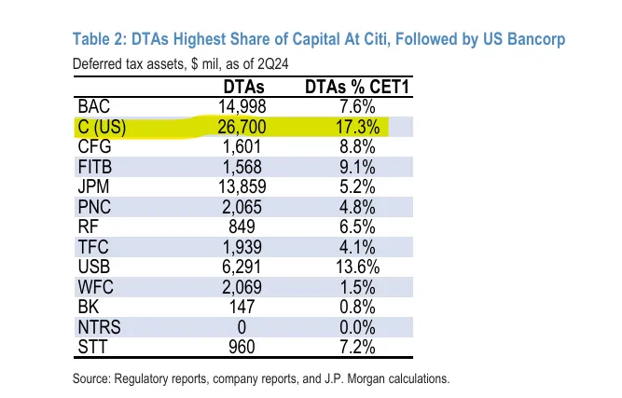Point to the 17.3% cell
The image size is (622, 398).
(x=352, y=126)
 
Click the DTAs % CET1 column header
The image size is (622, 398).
(x=352, y=88)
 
